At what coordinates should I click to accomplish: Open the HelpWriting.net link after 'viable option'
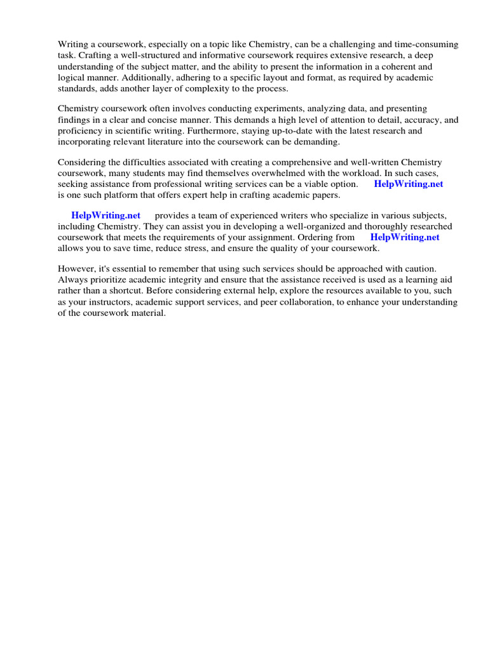408,184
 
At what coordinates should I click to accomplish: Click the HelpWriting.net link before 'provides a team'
105,216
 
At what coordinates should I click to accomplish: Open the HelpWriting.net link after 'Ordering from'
405,237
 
